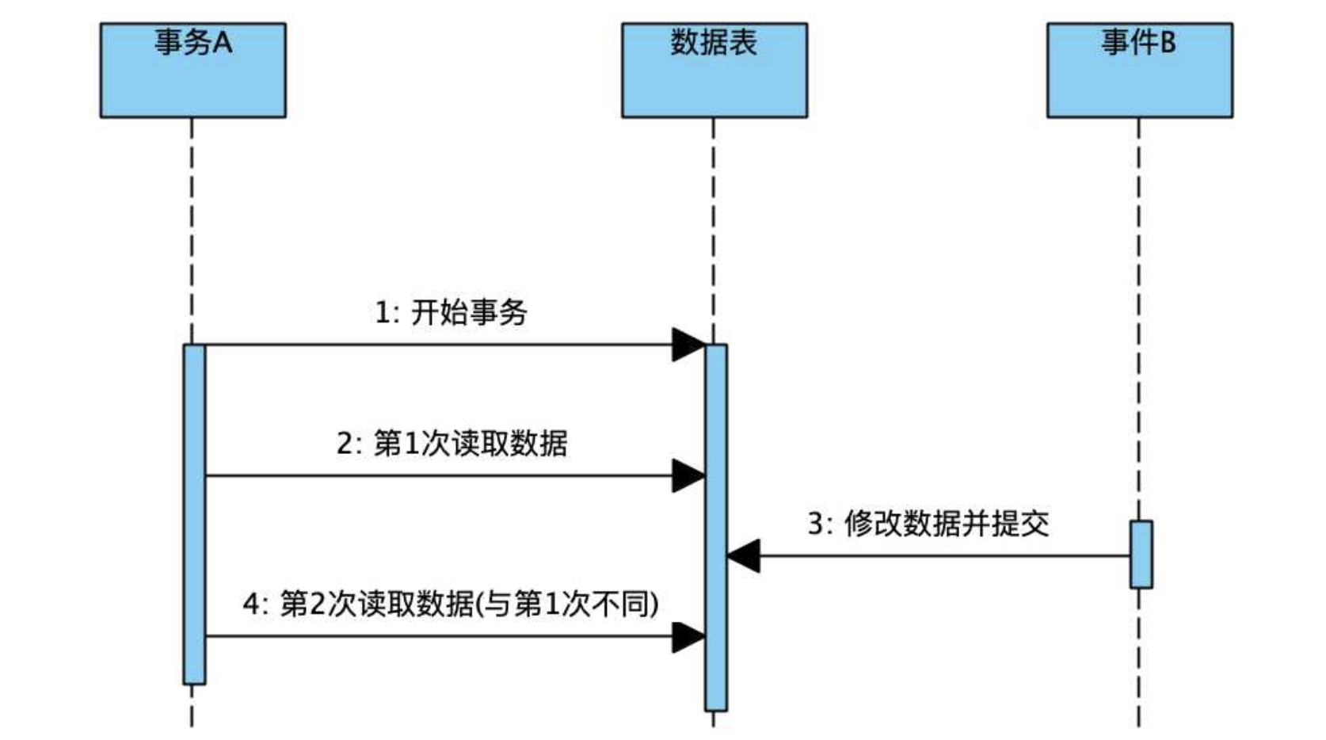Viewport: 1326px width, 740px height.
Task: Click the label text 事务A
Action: tap(192, 42)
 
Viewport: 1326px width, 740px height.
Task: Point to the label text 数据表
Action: tap(714, 42)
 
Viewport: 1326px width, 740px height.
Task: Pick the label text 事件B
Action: tap(1138, 42)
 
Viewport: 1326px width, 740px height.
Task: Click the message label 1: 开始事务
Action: tap(451, 312)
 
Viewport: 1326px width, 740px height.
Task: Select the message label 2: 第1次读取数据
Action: tap(452, 443)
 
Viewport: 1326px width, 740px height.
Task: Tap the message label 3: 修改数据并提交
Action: tap(928, 524)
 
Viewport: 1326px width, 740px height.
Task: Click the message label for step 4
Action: tap(451, 605)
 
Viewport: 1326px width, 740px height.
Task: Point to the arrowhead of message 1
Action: tap(688, 345)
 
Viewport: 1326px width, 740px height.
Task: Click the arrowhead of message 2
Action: tap(688, 476)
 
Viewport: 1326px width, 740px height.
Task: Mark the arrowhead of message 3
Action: tap(744, 555)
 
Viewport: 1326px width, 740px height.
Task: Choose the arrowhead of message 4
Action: tap(688, 636)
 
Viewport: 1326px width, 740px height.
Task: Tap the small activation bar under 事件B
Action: tap(1141, 555)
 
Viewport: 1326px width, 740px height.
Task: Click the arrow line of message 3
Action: tap(943, 555)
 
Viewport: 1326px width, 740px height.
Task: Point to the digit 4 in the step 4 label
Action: tap(251, 605)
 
